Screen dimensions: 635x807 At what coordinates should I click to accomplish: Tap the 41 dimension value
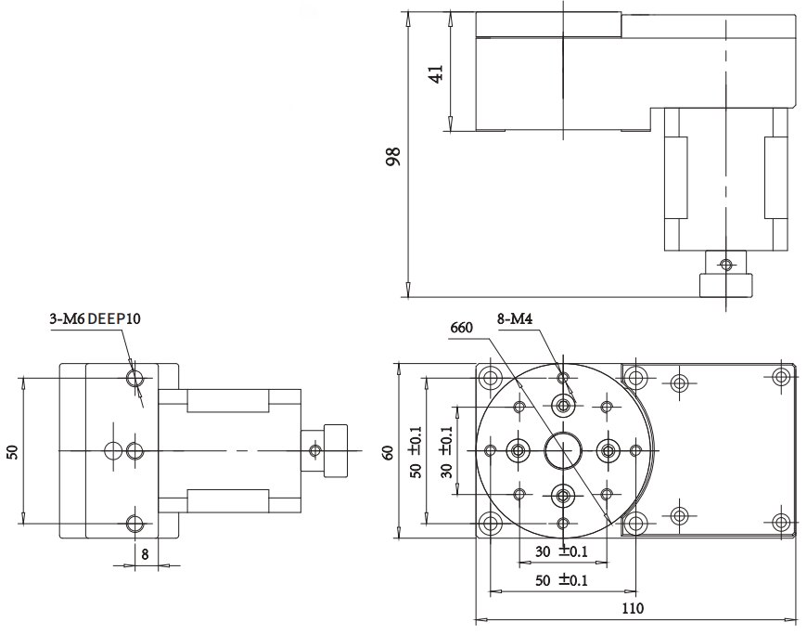pos(436,71)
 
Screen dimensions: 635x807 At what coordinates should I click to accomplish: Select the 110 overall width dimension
pos(634,609)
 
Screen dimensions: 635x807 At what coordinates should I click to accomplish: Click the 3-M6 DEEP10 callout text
pos(95,319)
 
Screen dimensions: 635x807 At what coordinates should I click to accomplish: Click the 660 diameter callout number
pos(461,328)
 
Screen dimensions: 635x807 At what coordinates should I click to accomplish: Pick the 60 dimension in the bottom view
pos(389,451)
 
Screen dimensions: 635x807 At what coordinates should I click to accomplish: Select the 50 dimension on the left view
pos(12,451)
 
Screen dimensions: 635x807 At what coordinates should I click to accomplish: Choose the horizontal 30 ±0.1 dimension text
pos(562,551)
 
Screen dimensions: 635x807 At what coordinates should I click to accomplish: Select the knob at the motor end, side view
pos(327,450)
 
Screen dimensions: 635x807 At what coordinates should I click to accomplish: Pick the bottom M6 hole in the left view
pos(135,523)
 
